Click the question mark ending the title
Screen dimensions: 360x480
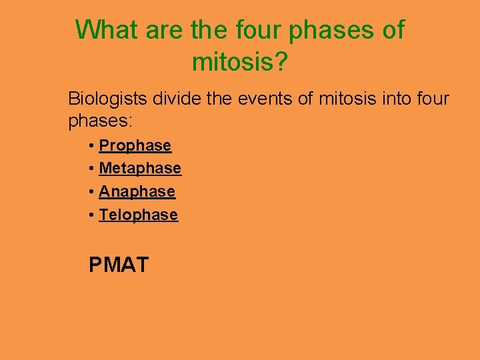click(x=281, y=63)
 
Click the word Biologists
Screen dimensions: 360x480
click(x=108, y=100)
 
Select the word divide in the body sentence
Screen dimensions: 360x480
click(x=175, y=99)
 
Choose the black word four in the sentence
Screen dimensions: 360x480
click(x=435, y=99)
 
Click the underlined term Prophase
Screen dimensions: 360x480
click(x=135, y=145)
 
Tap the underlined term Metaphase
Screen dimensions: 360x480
click(x=140, y=169)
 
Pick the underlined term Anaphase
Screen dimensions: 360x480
click(x=137, y=192)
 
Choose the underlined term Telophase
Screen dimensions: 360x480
click(x=139, y=215)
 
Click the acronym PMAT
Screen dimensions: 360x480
click(x=119, y=265)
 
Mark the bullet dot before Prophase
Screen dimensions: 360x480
click(x=91, y=146)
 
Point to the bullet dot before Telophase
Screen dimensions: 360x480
click(x=91, y=215)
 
